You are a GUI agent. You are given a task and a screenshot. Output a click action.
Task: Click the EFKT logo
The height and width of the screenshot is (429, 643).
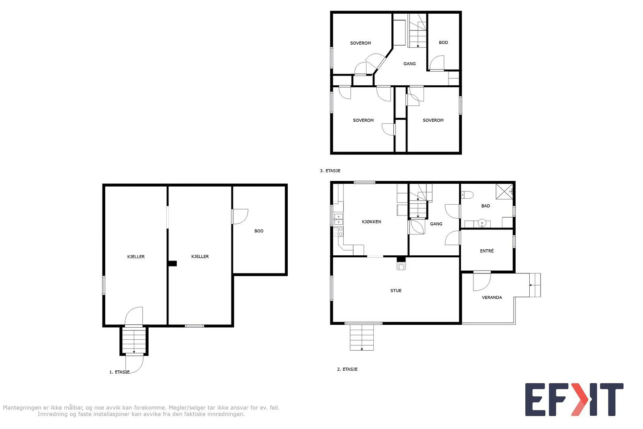(x=574, y=399)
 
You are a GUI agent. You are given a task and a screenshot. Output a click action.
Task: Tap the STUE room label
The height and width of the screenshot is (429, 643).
(x=396, y=291)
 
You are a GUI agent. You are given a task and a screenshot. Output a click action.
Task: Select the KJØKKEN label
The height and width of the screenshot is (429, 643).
(x=371, y=222)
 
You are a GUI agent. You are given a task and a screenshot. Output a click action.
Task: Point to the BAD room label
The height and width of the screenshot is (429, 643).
(x=486, y=206)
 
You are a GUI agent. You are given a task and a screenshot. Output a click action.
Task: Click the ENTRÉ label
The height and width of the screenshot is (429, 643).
(x=487, y=250)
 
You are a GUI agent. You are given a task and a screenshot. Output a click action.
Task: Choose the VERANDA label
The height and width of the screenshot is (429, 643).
(x=492, y=298)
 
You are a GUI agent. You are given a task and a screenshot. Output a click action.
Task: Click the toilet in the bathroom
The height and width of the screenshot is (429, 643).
(x=467, y=195)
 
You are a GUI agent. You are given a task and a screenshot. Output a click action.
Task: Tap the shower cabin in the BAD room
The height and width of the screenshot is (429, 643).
(x=504, y=191)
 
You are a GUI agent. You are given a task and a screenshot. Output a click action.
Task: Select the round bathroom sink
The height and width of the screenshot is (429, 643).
(x=482, y=223)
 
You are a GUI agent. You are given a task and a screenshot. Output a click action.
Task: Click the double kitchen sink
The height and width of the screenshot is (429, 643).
(x=338, y=219)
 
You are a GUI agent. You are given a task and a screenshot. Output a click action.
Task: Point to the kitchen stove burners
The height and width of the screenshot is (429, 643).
(x=338, y=232)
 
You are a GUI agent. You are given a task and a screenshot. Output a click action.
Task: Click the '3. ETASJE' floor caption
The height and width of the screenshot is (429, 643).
(x=330, y=170)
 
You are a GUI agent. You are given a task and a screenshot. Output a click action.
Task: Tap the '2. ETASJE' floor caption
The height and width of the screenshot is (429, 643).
(x=347, y=369)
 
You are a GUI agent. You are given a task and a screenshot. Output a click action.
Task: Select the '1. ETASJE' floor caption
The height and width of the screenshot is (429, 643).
(x=119, y=372)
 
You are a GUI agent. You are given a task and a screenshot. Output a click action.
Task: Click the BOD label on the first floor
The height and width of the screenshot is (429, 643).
(x=259, y=231)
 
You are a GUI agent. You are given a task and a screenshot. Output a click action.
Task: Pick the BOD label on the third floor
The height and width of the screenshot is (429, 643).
(x=443, y=43)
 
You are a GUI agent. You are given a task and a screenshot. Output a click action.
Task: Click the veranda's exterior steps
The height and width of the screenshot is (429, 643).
(x=535, y=285)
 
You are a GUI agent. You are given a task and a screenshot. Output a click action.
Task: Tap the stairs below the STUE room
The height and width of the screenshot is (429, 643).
(x=362, y=337)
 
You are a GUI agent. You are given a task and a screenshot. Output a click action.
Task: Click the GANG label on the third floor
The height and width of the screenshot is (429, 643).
(x=410, y=64)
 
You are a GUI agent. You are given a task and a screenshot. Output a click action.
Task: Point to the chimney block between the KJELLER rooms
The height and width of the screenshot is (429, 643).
(x=172, y=263)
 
